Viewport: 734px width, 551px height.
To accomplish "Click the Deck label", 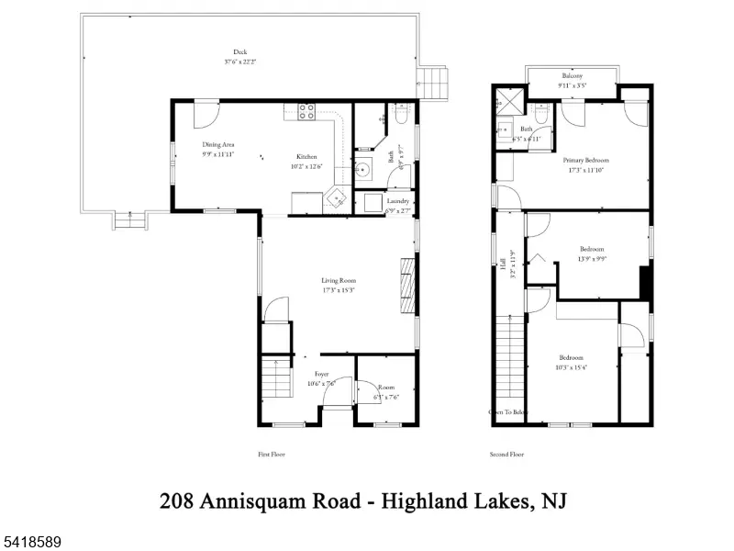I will (239, 51).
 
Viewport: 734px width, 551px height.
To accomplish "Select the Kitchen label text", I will (306, 156).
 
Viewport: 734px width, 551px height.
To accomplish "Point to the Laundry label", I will (397, 200).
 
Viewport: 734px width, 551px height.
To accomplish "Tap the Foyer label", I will (321, 374).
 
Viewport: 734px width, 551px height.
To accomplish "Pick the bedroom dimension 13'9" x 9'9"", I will (592, 259).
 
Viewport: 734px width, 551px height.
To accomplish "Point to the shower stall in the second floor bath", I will (506, 98).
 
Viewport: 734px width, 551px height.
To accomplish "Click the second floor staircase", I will (507, 363).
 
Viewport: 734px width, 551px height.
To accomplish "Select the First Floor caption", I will (272, 455).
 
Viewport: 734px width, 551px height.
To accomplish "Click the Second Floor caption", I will (507, 455).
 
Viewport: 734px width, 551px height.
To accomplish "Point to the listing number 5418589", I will (31, 543).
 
